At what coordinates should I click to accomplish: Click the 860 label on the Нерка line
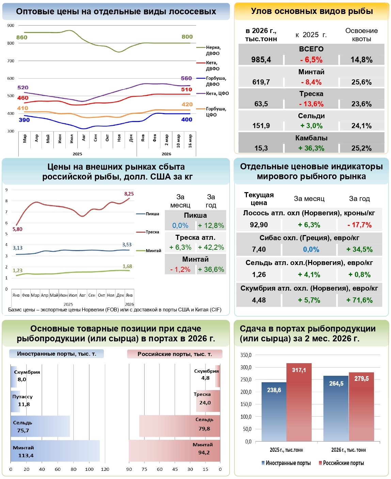pyautogui.click(x=22, y=37)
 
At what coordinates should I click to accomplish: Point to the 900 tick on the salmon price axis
pyautogui.click(x=11, y=26)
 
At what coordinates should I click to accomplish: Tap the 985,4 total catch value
pyautogui.click(x=261, y=60)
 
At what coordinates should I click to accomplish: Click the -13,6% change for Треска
pyautogui.click(x=311, y=104)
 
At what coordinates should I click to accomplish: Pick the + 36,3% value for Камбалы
pyautogui.click(x=311, y=148)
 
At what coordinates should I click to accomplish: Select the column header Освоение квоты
pyautogui.click(x=361, y=35)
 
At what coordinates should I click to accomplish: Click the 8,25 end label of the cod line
pyautogui.click(x=129, y=194)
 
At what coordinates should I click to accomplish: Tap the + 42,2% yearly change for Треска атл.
pyautogui.click(x=211, y=247)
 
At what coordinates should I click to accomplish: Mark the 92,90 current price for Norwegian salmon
pyautogui.click(x=259, y=225)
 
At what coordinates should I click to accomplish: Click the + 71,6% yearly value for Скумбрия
pyautogui.click(x=359, y=300)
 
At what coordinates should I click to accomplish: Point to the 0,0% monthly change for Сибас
pyautogui.click(x=311, y=249)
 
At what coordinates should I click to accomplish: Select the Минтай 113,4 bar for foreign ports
pyautogui.click(x=55, y=451)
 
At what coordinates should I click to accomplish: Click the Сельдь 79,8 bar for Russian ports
pyautogui.click(x=179, y=426)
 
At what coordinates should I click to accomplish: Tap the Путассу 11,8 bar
pyautogui.click(x=15, y=401)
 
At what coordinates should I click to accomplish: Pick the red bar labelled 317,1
pyautogui.click(x=299, y=402)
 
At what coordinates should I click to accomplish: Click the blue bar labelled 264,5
pyautogui.click(x=336, y=408)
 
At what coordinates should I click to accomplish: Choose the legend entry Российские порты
pyautogui.click(x=341, y=463)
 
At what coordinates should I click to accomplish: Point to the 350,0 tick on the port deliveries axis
pyautogui.click(x=246, y=355)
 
